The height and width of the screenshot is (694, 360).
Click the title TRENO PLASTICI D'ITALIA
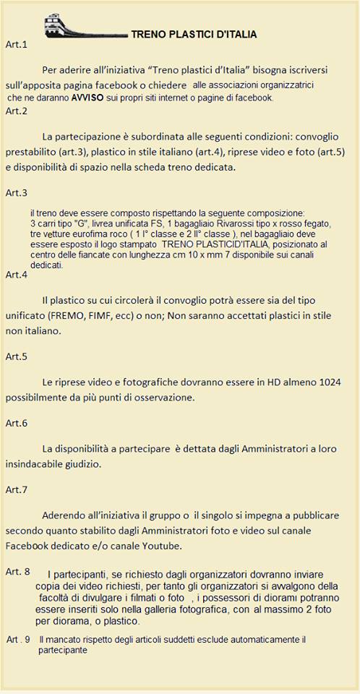point(194,34)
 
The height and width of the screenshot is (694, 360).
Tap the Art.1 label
point(16,45)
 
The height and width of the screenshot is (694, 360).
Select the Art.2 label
point(16,111)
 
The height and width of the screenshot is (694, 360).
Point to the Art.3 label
point(16,193)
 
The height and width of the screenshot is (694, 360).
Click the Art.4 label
point(16,275)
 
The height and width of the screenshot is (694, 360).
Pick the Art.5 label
point(16,356)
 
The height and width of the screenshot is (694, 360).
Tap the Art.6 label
point(16,423)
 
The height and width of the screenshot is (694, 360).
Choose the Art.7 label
point(16,489)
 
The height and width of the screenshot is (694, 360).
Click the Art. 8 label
point(17,572)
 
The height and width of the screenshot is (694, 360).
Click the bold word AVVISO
point(88,96)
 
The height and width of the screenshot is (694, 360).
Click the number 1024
point(326,382)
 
